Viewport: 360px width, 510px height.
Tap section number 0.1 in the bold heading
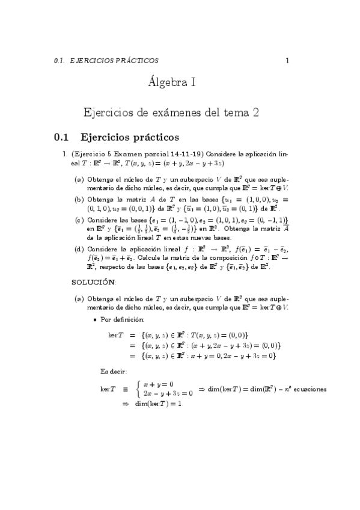click(63, 138)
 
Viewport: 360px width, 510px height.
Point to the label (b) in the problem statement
click(79, 199)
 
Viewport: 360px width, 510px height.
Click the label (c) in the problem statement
click(79, 221)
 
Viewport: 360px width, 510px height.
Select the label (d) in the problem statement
click(79, 248)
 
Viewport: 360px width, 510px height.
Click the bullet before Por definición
click(96, 319)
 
